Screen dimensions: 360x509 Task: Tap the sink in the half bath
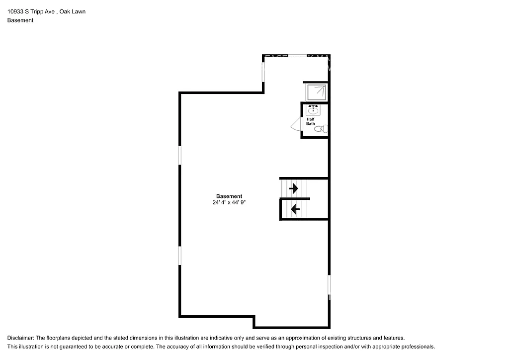pos(314,110)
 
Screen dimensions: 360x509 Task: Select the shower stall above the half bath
pos(316,92)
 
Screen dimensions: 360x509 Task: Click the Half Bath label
pos(310,121)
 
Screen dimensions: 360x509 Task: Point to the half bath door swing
pos(296,124)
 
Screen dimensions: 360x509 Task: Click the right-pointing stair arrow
pos(294,188)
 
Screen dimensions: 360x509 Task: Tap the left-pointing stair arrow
pos(294,209)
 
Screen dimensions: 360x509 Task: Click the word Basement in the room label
pos(229,196)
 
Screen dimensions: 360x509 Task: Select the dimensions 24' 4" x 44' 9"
pos(229,203)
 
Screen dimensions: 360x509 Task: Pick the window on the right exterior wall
pos(329,286)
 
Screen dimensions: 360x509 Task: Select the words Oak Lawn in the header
pos(72,11)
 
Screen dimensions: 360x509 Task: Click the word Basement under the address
pos(20,20)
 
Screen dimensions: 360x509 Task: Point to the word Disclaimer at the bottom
pos(20,338)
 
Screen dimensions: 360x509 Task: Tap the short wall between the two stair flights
pos(295,199)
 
